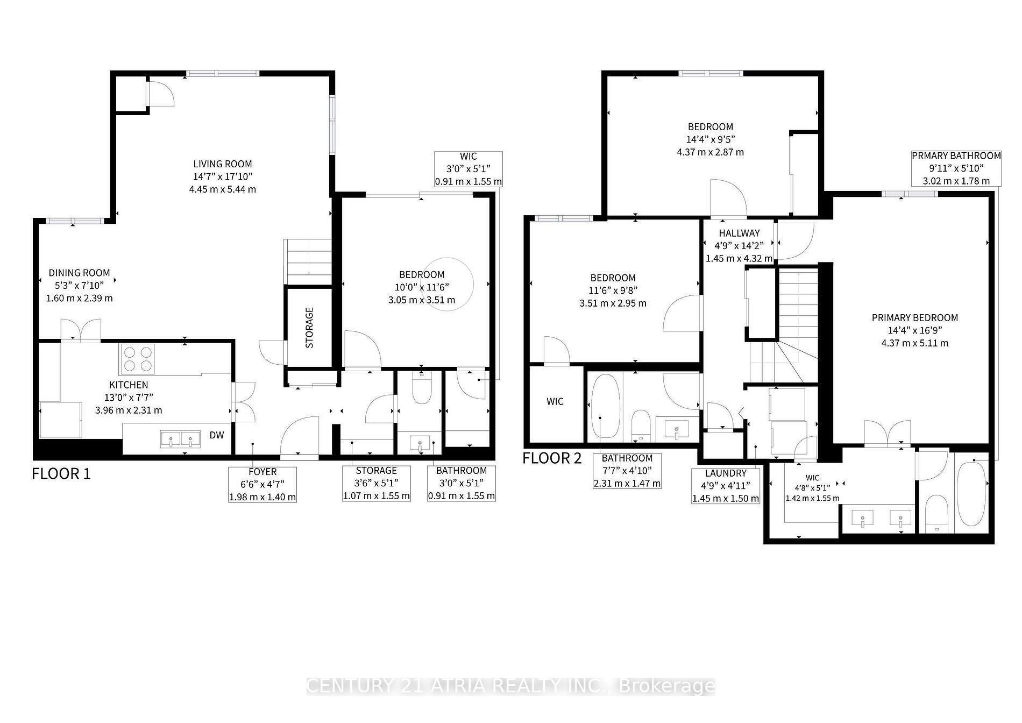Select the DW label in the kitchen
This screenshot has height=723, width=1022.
click(217, 435)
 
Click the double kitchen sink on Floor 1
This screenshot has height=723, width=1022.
click(180, 439)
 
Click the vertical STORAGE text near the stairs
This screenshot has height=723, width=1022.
click(309, 328)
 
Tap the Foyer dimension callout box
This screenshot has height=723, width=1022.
click(262, 484)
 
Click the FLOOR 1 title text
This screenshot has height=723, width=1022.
click(61, 474)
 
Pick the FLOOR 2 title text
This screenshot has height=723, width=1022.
click(552, 458)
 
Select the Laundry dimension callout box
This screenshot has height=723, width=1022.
click(726, 485)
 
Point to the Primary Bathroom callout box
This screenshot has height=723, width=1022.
click(956, 168)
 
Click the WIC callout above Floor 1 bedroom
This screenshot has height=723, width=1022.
click(468, 169)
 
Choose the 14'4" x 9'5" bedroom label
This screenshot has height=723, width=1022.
click(710, 139)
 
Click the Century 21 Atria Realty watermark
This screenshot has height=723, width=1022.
click(510, 686)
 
